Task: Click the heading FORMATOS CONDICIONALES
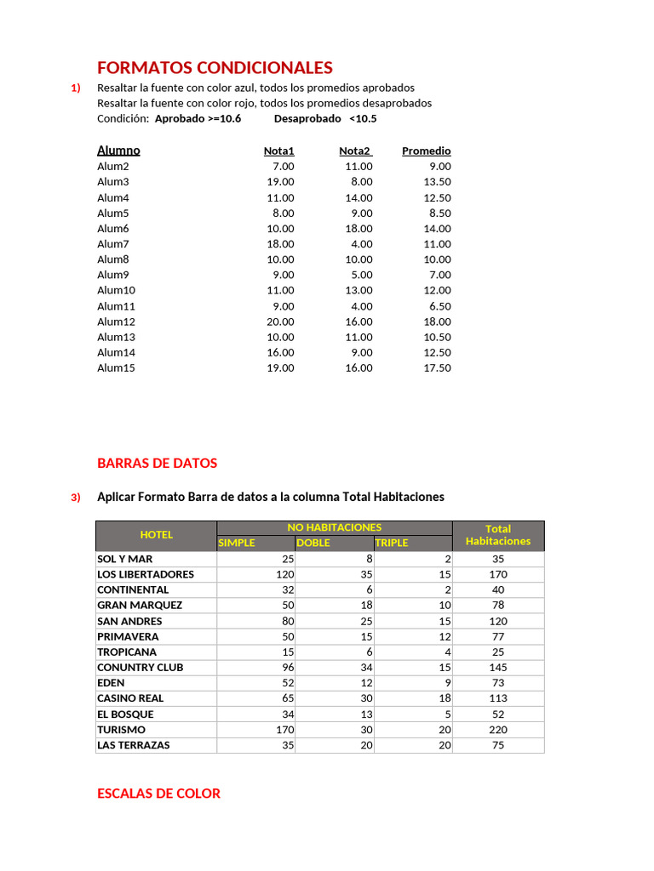point(215,68)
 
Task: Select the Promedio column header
point(426,151)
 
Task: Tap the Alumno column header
point(118,151)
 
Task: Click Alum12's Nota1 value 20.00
point(280,322)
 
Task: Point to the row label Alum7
point(113,244)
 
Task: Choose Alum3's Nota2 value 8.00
point(362,182)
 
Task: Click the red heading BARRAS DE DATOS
point(158,464)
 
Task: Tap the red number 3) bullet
point(76,498)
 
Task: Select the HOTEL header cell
point(156,535)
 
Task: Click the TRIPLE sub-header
point(392,543)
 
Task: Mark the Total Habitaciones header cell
point(498,535)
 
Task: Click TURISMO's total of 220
point(498,730)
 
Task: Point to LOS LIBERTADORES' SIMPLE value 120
point(284,574)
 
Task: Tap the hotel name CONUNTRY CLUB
point(141,668)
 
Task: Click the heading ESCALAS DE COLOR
point(159,794)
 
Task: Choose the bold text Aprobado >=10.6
point(198,119)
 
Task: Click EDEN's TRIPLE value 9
point(447,683)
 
